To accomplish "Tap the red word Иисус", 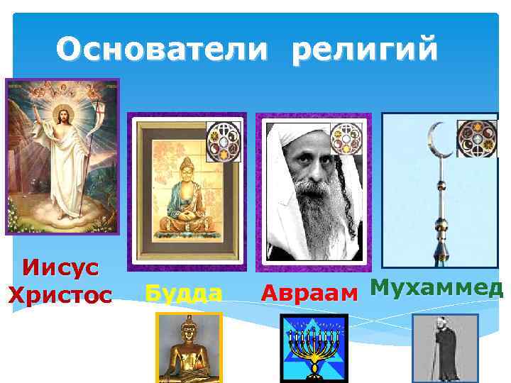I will tap(60, 269).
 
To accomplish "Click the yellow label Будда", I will tap(182, 293).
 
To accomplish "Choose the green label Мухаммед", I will tap(436, 288).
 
